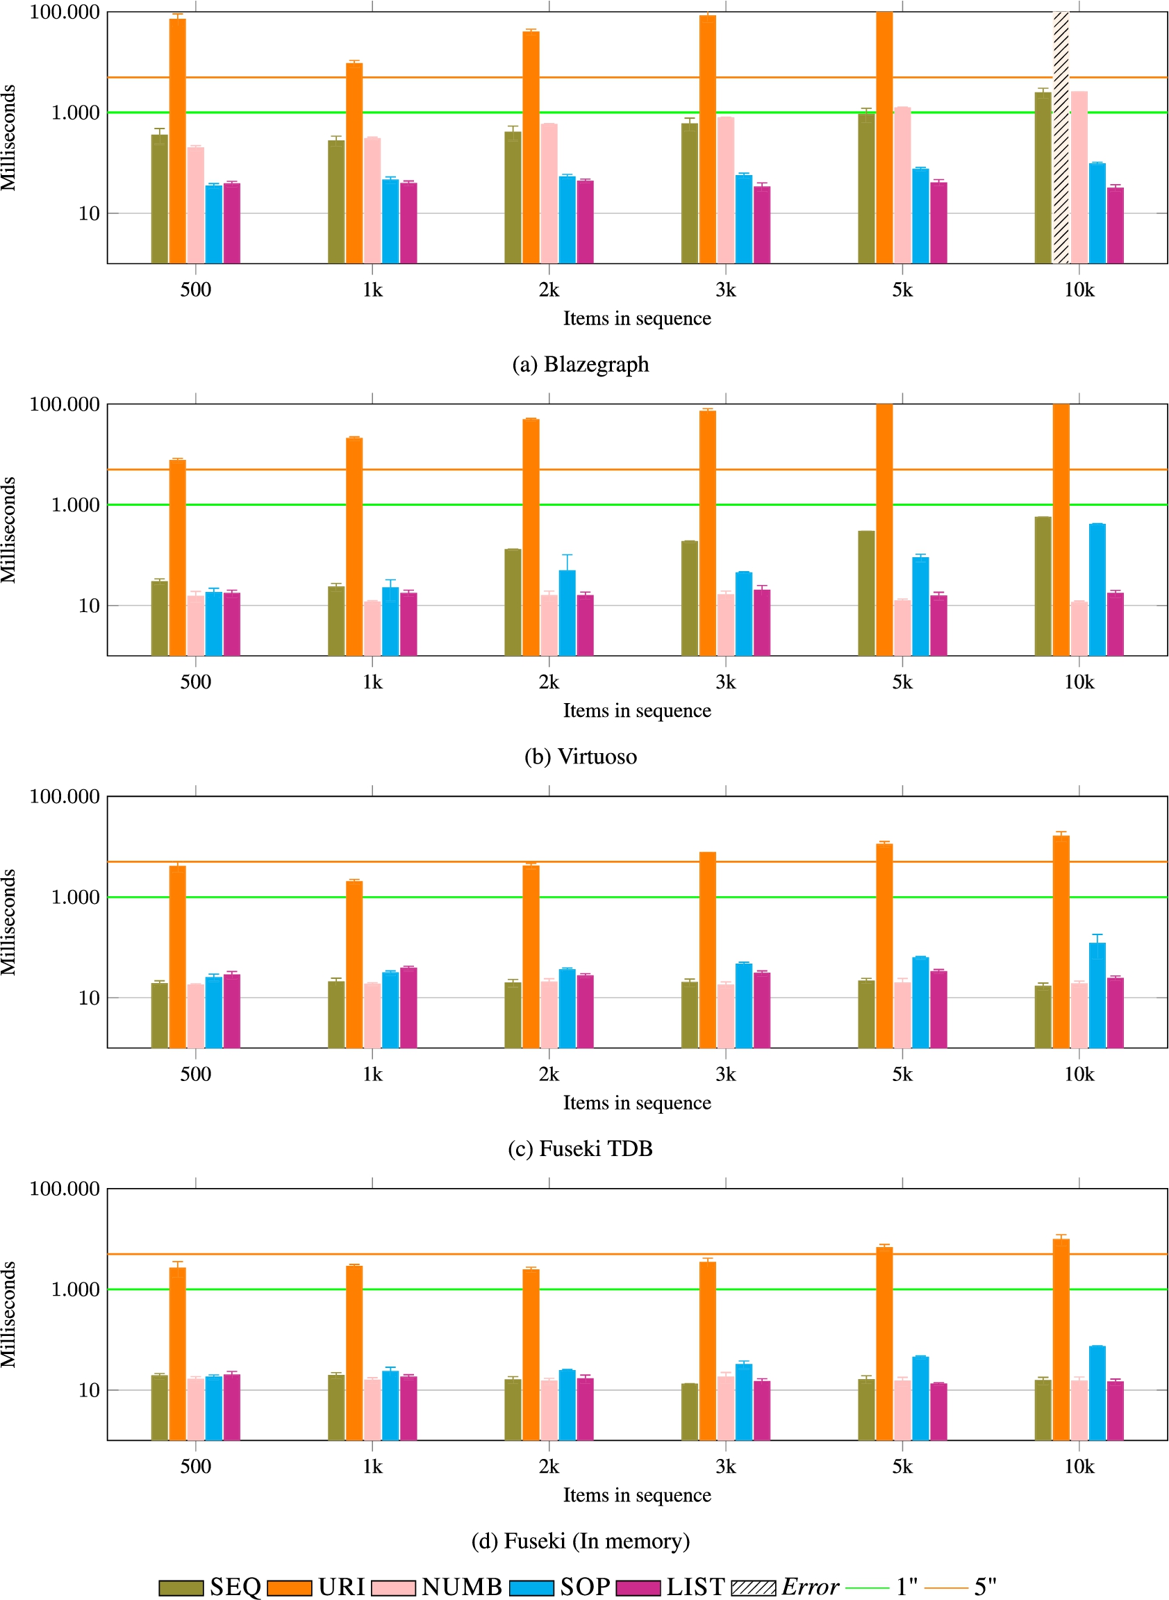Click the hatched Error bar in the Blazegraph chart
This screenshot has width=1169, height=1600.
click(1061, 138)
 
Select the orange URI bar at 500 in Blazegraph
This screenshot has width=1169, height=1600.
click(178, 141)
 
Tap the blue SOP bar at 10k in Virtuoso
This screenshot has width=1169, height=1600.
click(1097, 590)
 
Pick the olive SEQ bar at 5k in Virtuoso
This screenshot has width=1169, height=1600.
click(866, 594)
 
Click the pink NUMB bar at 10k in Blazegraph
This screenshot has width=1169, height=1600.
click(1079, 178)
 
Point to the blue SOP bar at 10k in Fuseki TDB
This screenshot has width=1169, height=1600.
click(1097, 996)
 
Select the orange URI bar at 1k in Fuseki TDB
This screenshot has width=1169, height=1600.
click(354, 964)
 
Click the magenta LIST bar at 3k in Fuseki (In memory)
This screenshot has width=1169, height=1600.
click(761, 1410)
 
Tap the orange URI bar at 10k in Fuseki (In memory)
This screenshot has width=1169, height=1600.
click(1061, 1339)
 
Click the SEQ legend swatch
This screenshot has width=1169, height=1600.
click(181, 1587)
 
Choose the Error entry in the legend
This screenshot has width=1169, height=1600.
click(785, 1587)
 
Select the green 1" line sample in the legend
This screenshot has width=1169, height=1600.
click(868, 1587)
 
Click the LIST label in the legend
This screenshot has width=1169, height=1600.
click(695, 1587)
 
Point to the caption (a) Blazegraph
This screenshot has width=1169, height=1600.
click(580, 365)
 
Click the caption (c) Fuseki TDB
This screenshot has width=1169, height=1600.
click(580, 1148)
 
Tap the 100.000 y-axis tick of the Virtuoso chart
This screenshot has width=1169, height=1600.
click(65, 404)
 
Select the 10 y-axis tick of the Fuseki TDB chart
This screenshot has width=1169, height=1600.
click(89, 998)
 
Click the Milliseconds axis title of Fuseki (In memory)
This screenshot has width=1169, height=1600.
click(8, 1314)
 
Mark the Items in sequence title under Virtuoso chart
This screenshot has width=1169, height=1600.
click(637, 711)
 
